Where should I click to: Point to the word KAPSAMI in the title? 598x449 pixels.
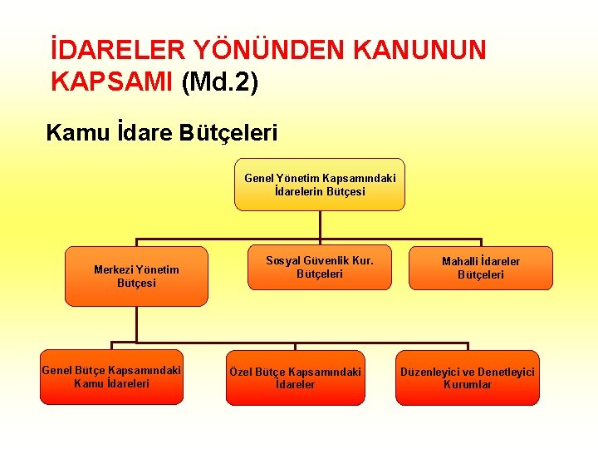[x=111, y=82]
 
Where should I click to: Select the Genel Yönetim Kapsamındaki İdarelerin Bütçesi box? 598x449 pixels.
[x=320, y=185]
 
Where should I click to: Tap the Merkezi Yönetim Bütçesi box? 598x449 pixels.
[x=136, y=276]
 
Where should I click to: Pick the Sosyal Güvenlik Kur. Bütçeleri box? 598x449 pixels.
[x=320, y=267]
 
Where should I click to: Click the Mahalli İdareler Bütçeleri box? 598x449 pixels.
[x=481, y=268]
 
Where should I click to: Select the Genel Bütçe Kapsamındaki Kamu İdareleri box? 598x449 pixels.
[x=111, y=377]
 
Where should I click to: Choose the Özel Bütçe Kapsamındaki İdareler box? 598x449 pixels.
[x=295, y=378]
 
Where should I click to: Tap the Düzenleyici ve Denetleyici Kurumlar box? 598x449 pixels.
[x=468, y=378]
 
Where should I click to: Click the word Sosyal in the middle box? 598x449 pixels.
[x=283, y=260]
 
